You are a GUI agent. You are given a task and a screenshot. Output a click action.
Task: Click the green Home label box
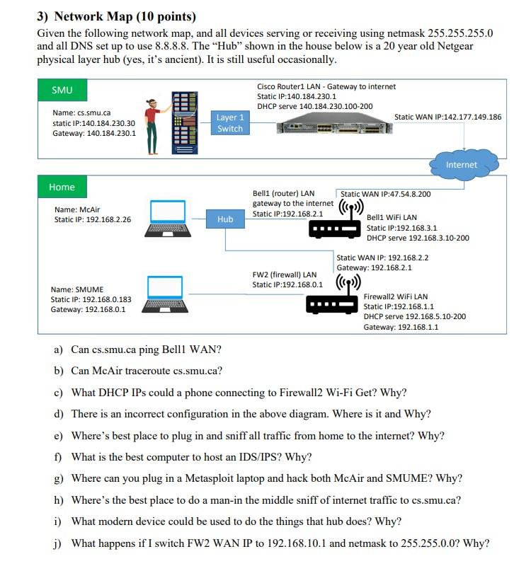tap(62, 187)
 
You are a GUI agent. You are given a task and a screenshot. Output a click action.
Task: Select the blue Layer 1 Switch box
tap(230, 123)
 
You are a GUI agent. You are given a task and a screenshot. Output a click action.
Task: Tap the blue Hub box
tap(225, 219)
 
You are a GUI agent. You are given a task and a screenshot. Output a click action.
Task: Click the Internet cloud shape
tap(461, 165)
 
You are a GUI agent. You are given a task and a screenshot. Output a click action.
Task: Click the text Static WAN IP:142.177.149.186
tap(447, 117)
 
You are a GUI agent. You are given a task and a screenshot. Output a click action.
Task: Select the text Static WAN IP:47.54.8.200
tap(386, 193)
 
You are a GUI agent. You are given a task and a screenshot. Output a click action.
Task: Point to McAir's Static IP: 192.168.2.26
tap(93, 220)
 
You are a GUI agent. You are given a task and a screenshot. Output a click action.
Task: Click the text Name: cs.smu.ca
tap(81, 112)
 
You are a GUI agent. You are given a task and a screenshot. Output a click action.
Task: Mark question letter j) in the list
tap(58, 543)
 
